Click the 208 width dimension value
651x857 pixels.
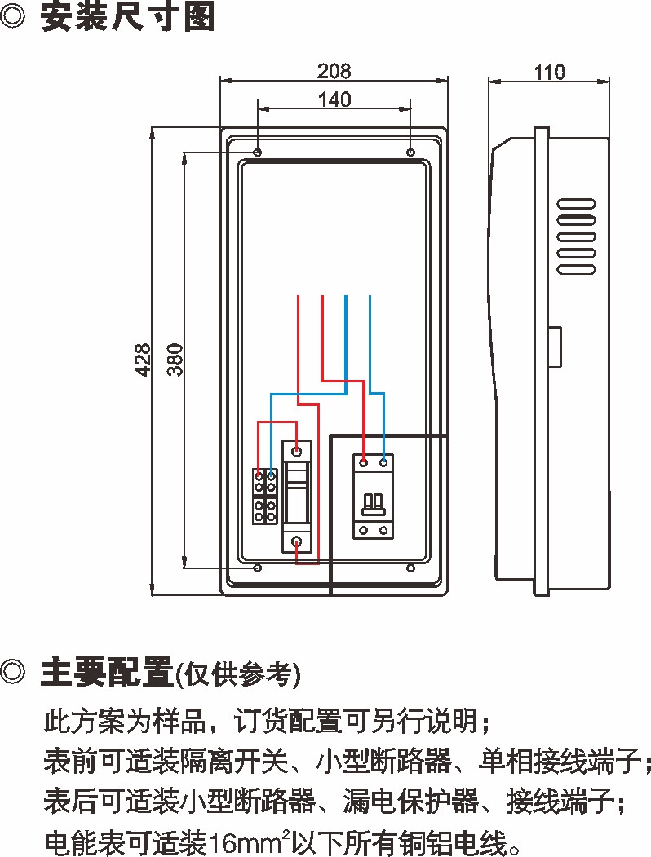[x=334, y=71]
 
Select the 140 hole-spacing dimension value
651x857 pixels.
[x=334, y=99]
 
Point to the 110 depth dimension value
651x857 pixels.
[x=549, y=72]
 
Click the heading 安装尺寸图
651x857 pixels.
[x=128, y=17]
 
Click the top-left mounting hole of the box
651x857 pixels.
[x=258, y=152]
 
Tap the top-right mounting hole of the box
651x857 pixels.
[x=410, y=152]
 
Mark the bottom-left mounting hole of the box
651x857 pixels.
[x=258, y=568]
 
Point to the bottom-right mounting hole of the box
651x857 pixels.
[x=410, y=568]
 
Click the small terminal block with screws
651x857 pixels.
[x=263, y=497]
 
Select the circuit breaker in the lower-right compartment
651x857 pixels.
[x=373, y=497]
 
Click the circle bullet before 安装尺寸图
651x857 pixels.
[x=15, y=17]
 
